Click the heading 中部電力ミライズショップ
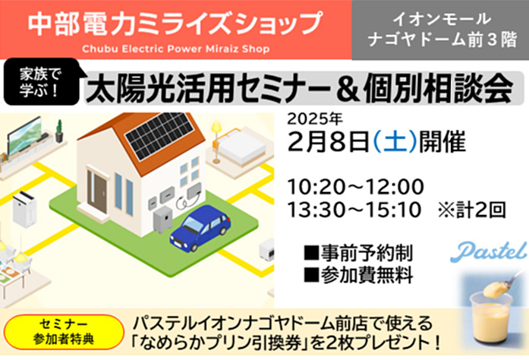pyautogui.click(x=175, y=23)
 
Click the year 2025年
pyautogui.click(x=316, y=119)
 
